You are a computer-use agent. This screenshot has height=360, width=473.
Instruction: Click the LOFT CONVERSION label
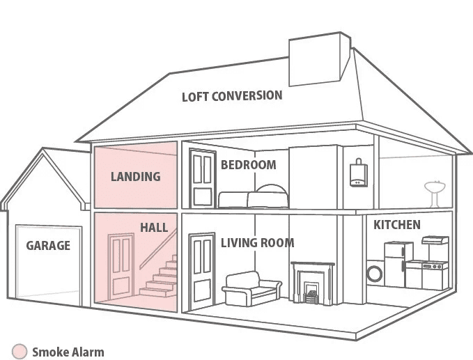(232, 95)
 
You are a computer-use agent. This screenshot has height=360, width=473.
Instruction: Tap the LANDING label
(135, 176)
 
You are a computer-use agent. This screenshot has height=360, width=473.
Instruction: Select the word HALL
(153, 228)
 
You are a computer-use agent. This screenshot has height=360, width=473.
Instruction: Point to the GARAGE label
(48, 245)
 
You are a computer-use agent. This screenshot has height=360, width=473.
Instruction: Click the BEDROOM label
(248, 165)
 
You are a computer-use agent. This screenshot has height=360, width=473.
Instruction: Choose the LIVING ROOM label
(257, 243)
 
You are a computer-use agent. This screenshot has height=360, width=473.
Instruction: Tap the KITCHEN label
(397, 225)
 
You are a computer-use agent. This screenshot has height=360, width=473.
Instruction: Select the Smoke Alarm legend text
(68, 352)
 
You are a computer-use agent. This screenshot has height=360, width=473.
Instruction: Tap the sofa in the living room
(251, 288)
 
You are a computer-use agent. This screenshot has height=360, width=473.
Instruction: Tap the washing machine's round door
(375, 273)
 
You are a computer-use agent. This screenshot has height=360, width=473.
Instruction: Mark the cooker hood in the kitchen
(435, 240)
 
